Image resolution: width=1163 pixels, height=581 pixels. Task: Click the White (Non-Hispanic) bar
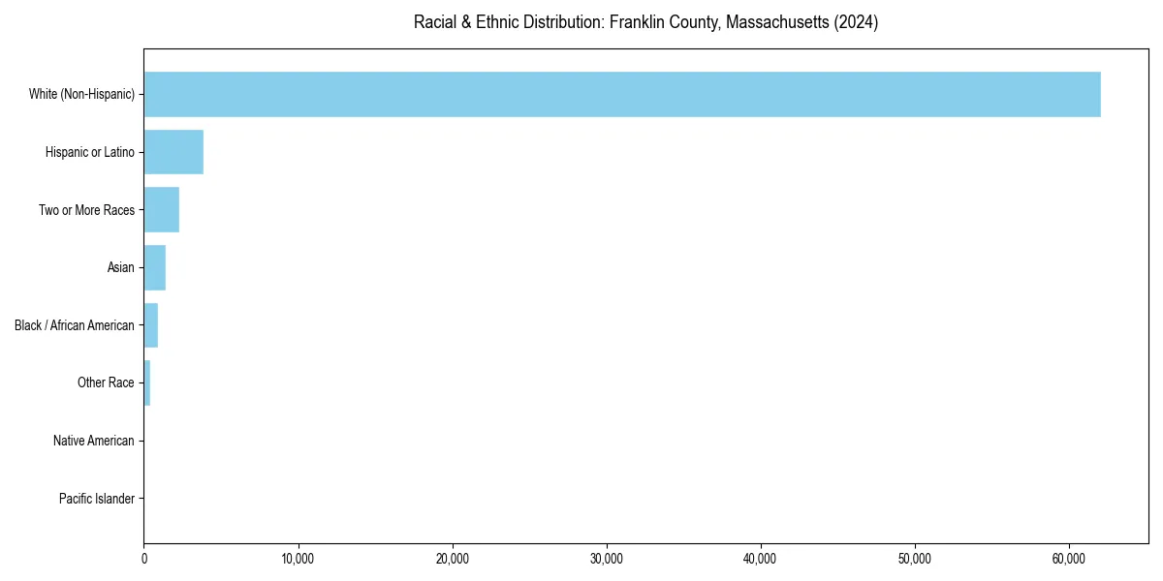[x=622, y=94]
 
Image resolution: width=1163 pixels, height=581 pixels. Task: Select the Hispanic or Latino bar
[x=173, y=152]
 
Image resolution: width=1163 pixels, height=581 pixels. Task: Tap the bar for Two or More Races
[x=162, y=210]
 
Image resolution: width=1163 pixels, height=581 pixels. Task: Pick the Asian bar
[x=155, y=267]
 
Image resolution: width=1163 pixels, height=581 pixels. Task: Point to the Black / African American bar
[x=151, y=325]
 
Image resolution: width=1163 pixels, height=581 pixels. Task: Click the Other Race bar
[x=147, y=382]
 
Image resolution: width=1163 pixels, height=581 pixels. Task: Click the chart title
[x=645, y=22]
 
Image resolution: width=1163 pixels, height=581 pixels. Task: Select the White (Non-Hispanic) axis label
[x=81, y=94]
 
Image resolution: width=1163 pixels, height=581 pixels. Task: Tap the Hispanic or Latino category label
[x=90, y=152]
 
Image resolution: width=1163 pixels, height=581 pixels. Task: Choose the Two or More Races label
[x=86, y=210]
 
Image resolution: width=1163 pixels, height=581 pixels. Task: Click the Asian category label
[x=121, y=267]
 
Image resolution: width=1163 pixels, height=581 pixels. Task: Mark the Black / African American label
[x=75, y=325]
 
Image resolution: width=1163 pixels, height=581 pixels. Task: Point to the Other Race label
[x=106, y=382]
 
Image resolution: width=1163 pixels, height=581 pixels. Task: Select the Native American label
[x=94, y=441]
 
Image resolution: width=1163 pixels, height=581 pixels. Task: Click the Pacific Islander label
[x=97, y=499]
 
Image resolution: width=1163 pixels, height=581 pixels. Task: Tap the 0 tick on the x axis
[x=144, y=559]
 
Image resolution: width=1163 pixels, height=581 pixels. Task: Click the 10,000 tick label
[x=299, y=559]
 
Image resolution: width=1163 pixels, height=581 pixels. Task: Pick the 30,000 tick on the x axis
[x=607, y=559]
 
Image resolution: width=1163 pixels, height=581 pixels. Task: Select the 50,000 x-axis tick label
[x=915, y=559]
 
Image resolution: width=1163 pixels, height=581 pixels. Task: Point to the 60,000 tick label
[x=1069, y=559]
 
